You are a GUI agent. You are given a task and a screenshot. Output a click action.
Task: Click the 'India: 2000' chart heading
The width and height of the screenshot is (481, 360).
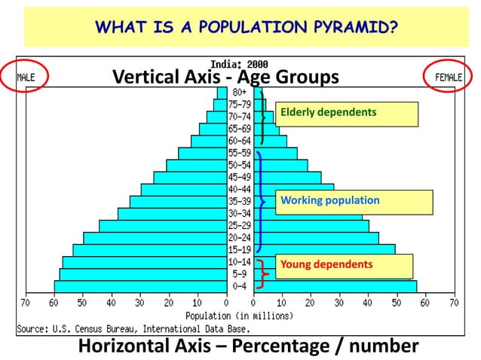[x=238, y=65]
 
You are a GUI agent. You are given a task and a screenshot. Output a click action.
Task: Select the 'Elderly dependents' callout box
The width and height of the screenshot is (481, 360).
[x=346, y=113]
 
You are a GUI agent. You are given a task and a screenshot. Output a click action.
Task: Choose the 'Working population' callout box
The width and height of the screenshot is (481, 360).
[x=354, y=202]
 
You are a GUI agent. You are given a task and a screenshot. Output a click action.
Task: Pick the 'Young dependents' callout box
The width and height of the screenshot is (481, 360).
[x=344, y=266]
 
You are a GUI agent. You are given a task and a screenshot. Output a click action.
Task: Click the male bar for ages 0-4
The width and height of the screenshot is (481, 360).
[x=139, y=287]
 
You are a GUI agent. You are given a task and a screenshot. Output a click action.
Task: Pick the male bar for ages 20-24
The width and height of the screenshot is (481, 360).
[x=155, y=238]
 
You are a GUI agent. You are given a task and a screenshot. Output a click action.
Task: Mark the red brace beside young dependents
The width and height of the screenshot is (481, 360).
[x=262, y=273]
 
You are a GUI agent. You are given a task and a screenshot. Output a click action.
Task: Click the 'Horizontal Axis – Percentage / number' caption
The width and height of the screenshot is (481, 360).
[x=248, y=346]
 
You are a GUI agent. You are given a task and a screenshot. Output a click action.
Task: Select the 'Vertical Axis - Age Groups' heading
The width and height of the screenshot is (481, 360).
[x=225, y=77]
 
